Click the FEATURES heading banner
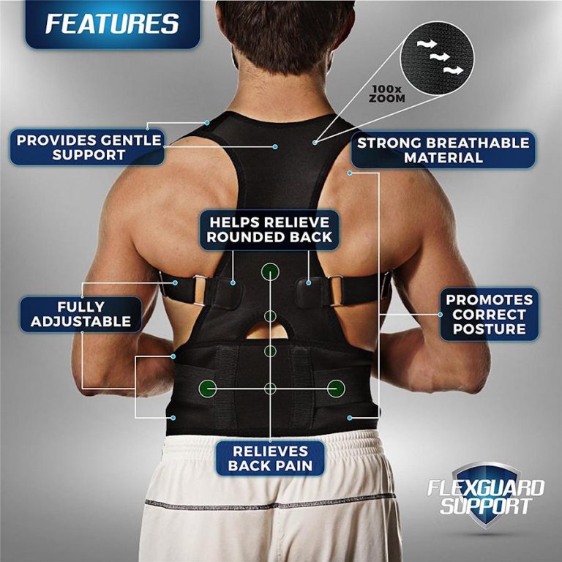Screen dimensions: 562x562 point(111,23)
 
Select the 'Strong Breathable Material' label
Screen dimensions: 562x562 point(443,150)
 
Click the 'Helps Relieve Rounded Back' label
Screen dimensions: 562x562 point(269,229)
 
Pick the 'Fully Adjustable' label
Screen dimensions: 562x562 point(80,314)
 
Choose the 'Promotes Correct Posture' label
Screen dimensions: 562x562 point(489,314)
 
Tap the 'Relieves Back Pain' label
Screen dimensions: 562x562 point(270,459)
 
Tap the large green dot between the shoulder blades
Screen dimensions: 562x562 point(270,271)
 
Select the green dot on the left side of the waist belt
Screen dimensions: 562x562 point(208,387)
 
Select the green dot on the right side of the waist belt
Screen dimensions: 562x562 point(335,387)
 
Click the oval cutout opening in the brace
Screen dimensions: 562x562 point(271,331)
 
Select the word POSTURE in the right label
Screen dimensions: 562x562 point(489,329)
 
